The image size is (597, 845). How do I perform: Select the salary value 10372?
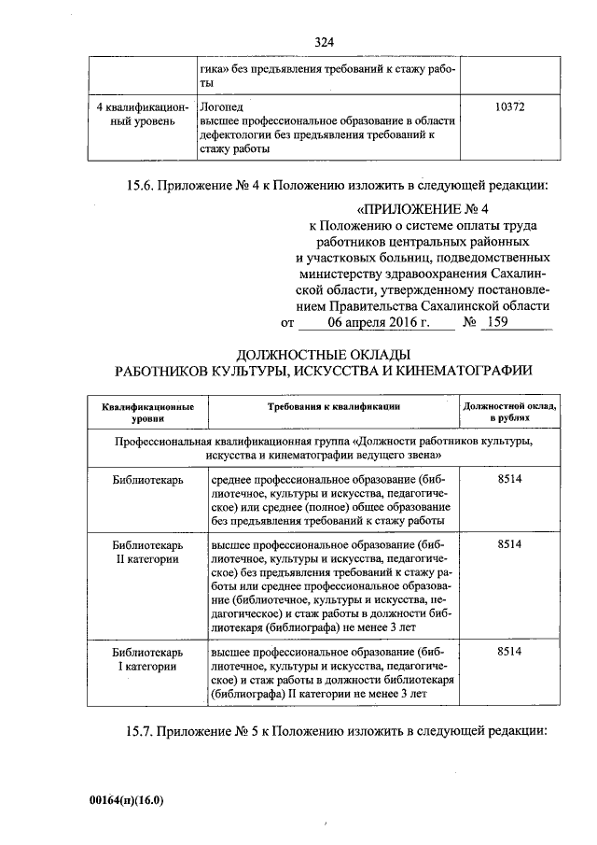click(x=510, y=107)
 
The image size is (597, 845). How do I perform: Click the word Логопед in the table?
click(x=221, y=107)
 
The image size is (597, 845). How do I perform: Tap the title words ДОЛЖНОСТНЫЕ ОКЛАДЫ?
click(x=324, y=354)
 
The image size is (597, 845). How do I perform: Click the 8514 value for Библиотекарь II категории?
click(x=510, y=543)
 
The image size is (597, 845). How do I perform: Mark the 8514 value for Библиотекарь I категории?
click(x=510, y=650)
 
